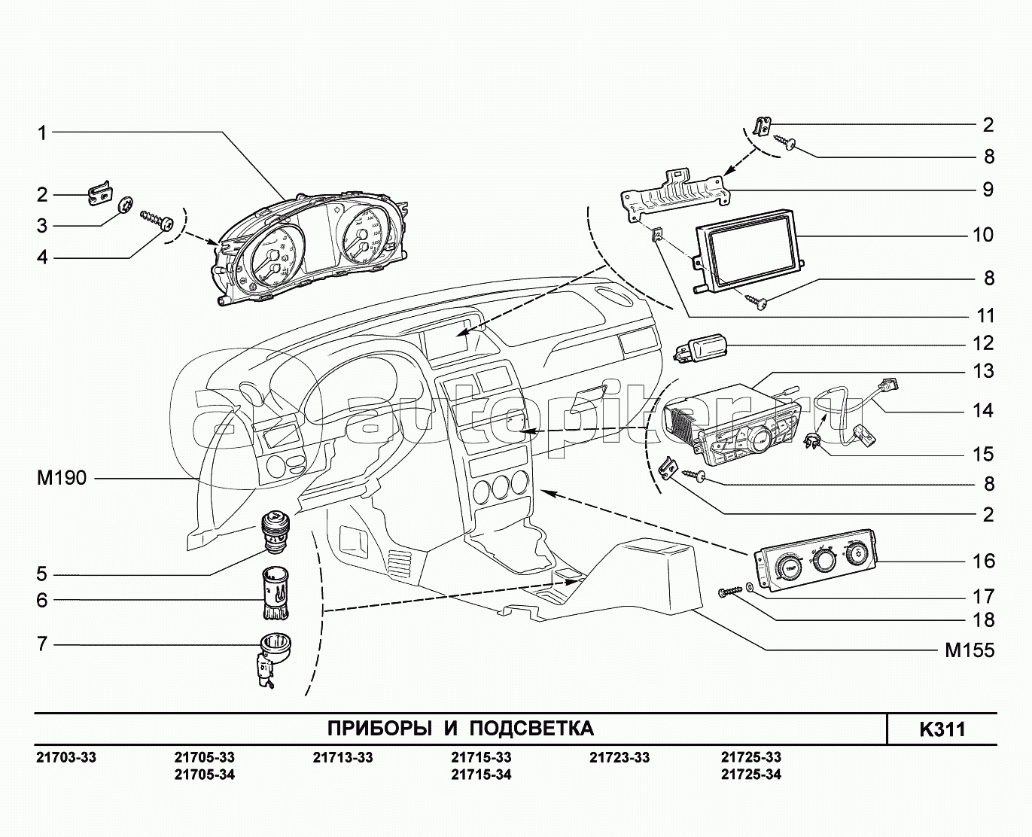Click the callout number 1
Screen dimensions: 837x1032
tap(42, 133)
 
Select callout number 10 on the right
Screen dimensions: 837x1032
tap(983, 235)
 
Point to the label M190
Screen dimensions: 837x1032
tap(61, 478)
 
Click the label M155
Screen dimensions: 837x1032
tap(970, 650)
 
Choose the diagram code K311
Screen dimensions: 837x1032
tap(942, 729)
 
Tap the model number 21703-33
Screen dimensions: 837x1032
tap(66, 757)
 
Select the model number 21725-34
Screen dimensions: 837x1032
tap(750, 775)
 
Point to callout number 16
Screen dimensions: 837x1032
tap(983, 562)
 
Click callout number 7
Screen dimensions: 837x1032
tap(42, 644)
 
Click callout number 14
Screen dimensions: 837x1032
tap(983, 411)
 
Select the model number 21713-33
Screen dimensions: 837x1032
tap(342, 757)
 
